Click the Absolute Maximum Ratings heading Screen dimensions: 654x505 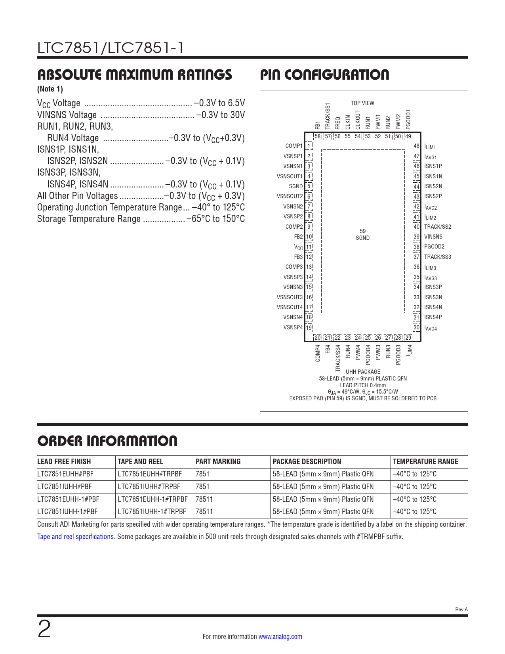135,75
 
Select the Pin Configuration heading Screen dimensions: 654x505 324,75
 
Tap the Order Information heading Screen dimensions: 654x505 107,441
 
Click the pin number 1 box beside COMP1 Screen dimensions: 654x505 309,146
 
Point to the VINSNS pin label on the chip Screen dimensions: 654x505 433,237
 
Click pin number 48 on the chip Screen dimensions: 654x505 416,146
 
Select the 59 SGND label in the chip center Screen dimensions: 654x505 362,234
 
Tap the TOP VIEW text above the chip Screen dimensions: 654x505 362,103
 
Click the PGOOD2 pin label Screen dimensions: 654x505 434,247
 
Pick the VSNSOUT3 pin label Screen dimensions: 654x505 290,297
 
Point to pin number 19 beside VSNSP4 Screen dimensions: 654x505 309,327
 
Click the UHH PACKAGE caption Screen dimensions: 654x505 363,372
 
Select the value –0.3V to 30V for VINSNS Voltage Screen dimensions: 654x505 221,115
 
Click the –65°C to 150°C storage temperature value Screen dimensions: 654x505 215,219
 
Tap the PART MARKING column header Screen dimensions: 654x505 218,461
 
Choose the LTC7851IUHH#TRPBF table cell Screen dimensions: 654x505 149,486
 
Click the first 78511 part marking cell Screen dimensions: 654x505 204,499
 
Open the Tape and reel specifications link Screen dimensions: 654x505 76,537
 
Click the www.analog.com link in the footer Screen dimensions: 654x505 280,637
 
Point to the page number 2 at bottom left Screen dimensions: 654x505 44,629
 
